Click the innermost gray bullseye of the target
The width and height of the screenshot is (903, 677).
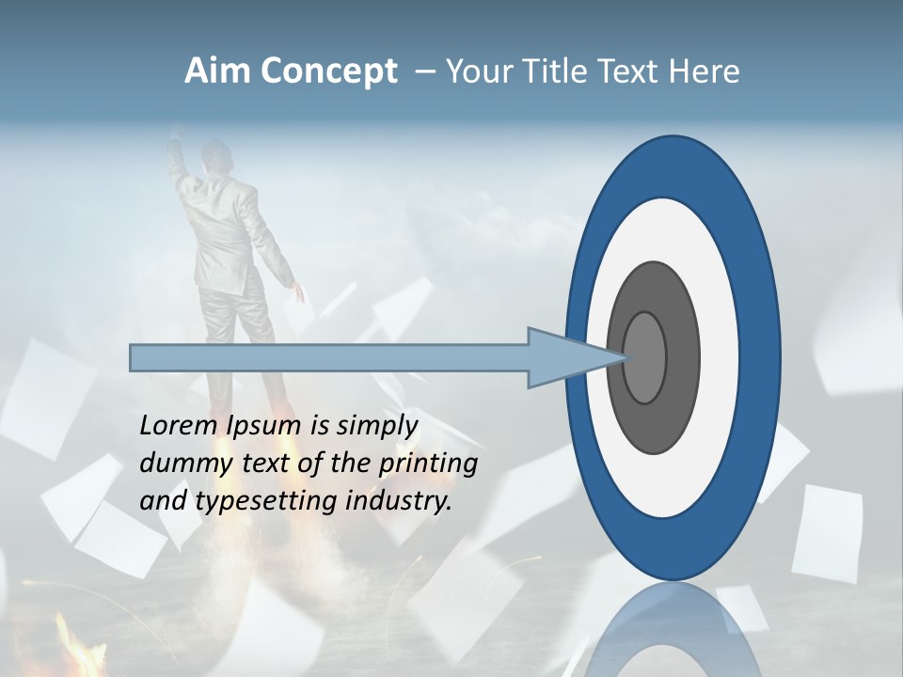click(645, 358)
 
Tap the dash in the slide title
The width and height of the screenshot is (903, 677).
click(424, 72)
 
